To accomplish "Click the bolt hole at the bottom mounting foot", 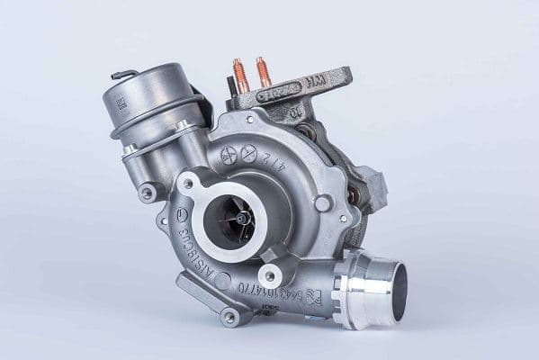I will click(229, 316).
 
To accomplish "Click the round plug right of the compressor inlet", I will click(322, 203).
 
